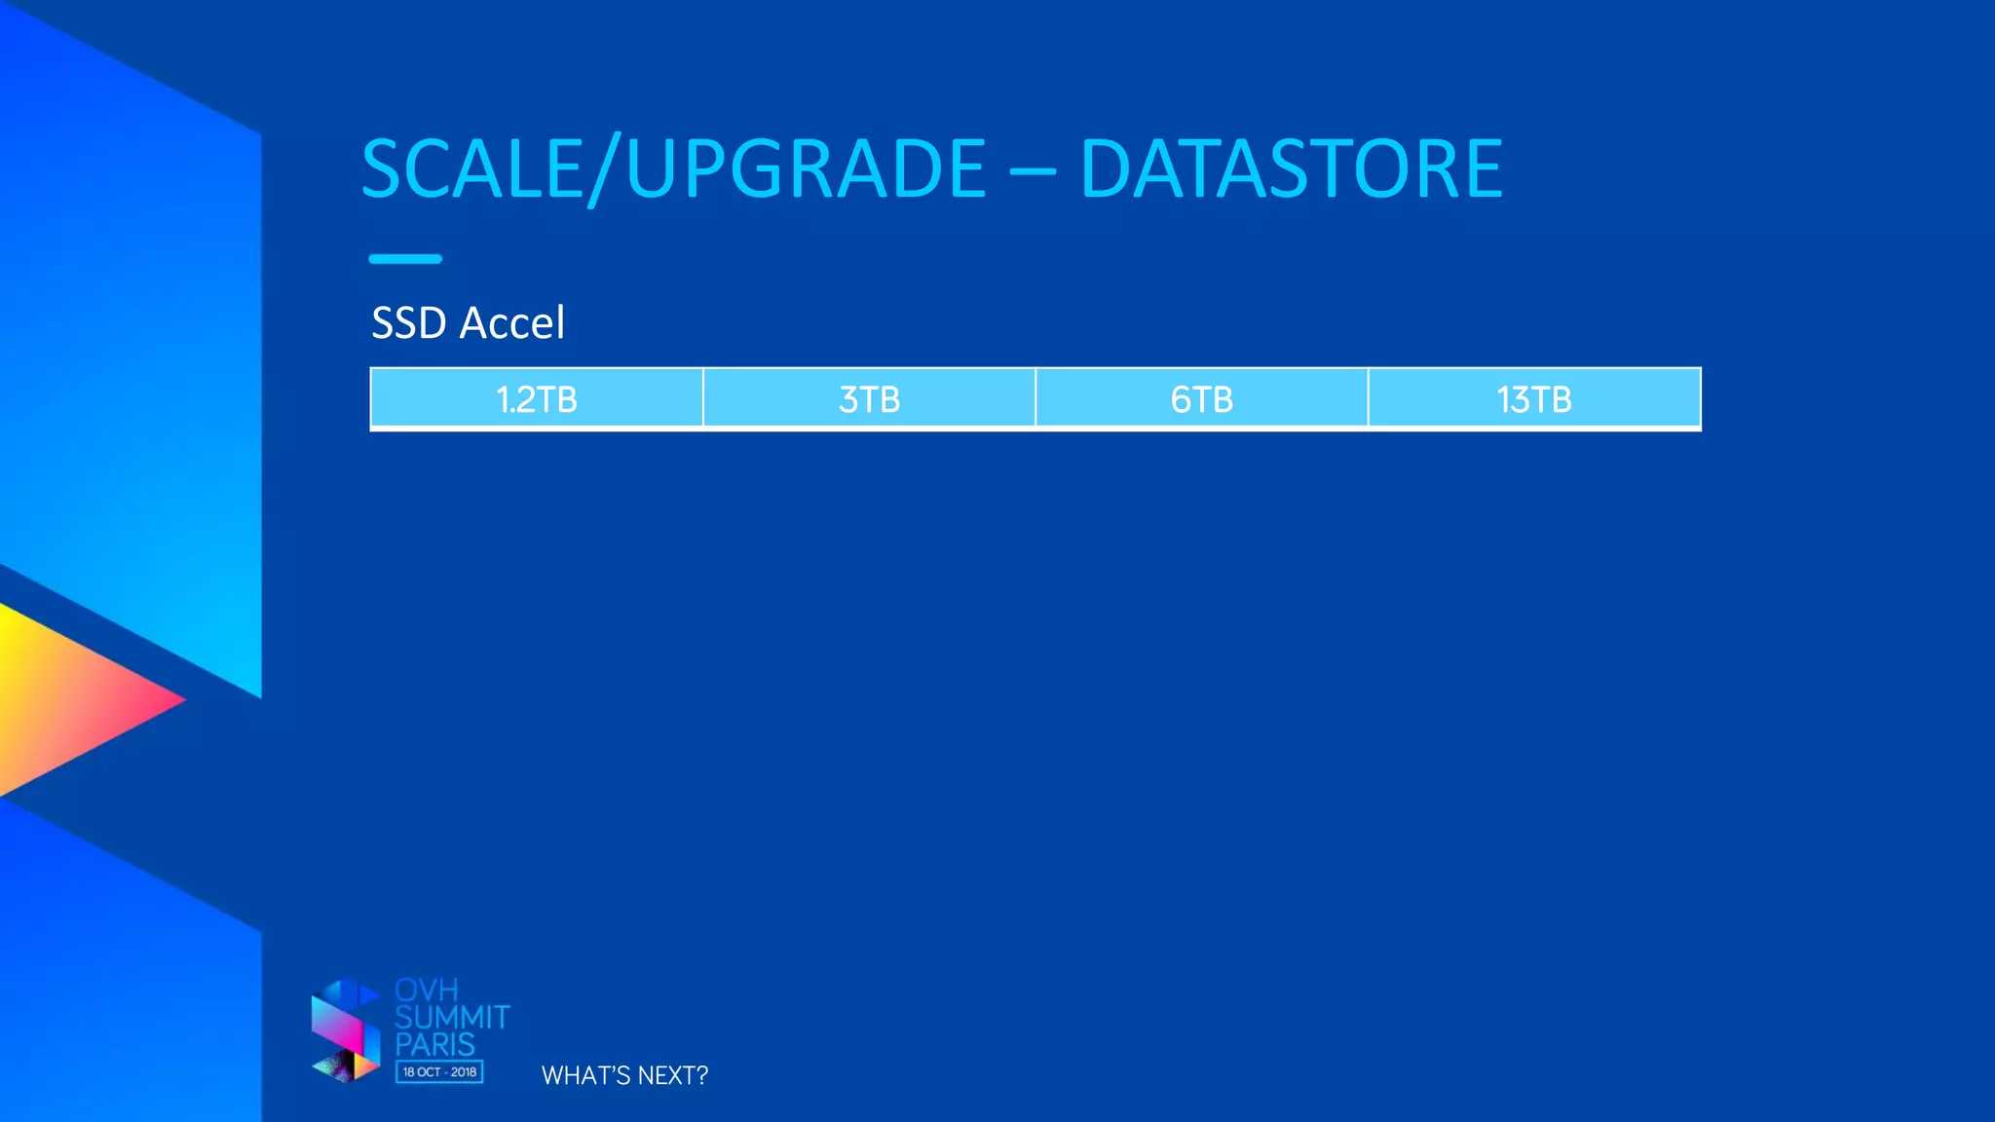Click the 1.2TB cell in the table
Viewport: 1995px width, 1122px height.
point(537,399)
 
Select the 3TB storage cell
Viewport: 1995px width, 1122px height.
point(869,399)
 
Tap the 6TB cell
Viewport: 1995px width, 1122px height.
point(1201,399)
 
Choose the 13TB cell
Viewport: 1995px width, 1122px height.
point(1534,399)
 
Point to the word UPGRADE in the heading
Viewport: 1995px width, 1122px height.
point(807,168)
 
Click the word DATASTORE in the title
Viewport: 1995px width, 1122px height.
point(1292,168)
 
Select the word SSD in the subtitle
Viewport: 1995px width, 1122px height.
point(409,323)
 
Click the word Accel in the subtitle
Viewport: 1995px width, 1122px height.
point(512,323)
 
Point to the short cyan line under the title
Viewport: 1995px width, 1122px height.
point(405,259)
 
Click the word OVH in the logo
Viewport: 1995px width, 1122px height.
point(427,991)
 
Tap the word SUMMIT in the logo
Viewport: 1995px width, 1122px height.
point(452,1018)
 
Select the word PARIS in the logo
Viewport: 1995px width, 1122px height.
point(435,1045)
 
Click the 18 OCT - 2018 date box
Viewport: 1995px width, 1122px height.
point(439,1072)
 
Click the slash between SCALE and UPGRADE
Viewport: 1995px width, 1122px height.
point(605,170)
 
